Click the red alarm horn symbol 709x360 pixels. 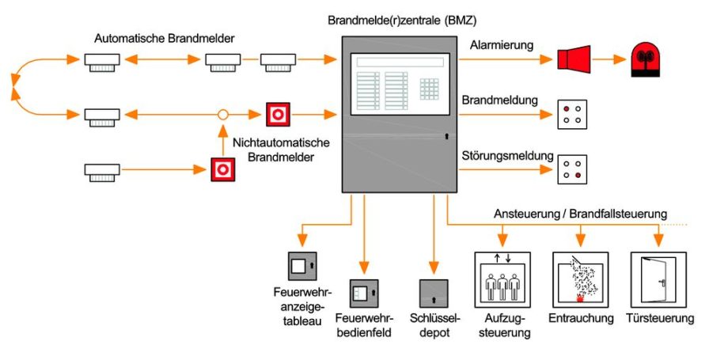click(x=574, y=59)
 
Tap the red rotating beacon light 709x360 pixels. click(x=645, y=59)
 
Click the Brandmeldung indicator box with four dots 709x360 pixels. click(x=572, y=115)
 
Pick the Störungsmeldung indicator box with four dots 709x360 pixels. click(x=572, y=169)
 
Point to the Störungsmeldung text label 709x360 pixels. click(x=507, y=156)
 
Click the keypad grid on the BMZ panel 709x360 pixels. click(x=429, y=89)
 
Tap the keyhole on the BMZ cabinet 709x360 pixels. click(x=447, y=135)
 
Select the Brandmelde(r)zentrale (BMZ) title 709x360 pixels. click(x=402, y=21)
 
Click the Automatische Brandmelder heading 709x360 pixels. click(x=164, y=39)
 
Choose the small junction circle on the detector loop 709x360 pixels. click(x=223, y=115)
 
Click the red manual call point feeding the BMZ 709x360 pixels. click(x=278, y=115)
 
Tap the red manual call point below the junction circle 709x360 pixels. click(x=223, y=169)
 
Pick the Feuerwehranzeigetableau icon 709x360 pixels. click(x=302, y=266)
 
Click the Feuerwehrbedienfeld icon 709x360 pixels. click(x=364, y=294)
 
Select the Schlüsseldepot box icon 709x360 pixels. click(x=434, y=294)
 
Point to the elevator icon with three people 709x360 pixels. click(x=502, y=280)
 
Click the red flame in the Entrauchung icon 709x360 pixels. click(x=579, y=297)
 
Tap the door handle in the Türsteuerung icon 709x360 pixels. click(x=662, y=283)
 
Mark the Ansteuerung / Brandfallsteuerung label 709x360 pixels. click(x=580, y=214)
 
